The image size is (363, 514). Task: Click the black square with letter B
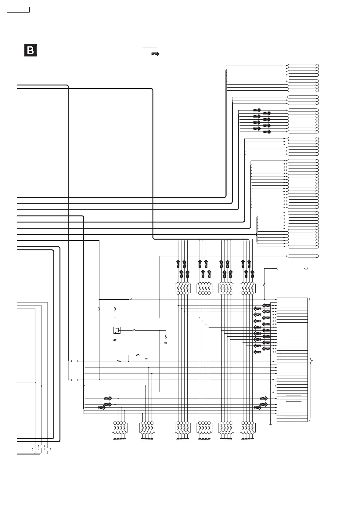(x=31, y=50)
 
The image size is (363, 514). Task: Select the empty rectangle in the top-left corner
(x=18, y=9)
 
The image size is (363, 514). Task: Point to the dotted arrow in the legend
(x=155, y=54)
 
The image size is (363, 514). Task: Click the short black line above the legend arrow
(x=150, y=48)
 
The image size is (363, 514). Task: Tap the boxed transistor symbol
(x=117, y=330)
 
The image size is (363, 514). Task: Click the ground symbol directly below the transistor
(x=115, y=340)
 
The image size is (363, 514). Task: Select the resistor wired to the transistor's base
(x=133, y=330)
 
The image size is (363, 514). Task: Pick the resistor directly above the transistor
(x=115, y=309)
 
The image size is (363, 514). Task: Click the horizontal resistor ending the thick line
(x=130, y=299)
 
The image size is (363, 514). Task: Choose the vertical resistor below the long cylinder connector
(x=264, y=284)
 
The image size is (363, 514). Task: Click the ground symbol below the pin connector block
(x=271, y=425)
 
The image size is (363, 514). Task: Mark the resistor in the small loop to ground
(x=137, y=355)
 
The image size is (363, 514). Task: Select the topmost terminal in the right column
(x=303, y=66)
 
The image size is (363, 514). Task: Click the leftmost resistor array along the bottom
(x=120, y=428)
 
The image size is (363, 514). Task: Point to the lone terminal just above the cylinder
(x=303, y=256)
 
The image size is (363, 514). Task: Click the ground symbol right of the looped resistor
(x=147, y=358)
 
